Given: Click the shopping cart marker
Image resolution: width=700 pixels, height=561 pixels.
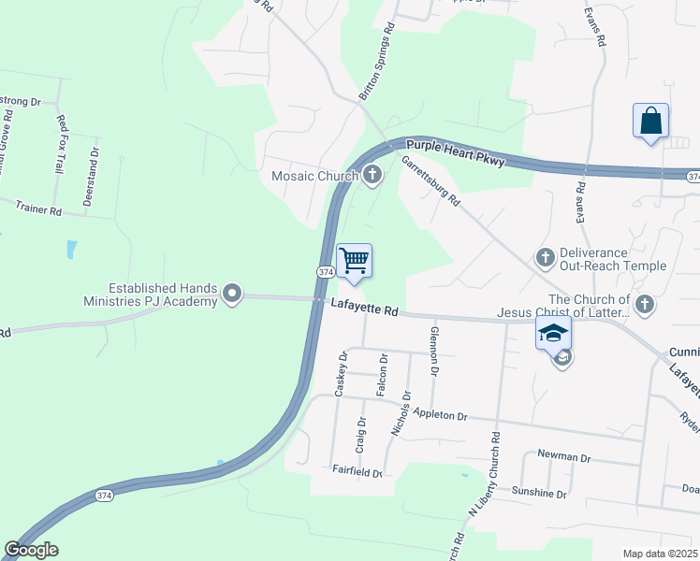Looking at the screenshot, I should [354, 260].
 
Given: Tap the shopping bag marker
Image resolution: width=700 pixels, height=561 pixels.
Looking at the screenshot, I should [650, 121].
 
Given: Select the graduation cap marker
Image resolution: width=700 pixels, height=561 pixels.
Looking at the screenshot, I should [553, 333].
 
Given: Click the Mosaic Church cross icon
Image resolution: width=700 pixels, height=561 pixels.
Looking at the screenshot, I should [372, 174].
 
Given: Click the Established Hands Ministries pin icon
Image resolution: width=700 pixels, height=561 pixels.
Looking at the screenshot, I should [233, 295].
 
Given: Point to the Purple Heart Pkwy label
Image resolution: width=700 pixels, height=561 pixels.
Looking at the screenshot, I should [456, 153].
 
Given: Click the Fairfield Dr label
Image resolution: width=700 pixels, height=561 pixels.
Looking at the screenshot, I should [357, 473].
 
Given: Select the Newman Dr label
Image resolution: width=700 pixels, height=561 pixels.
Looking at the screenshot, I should [564, 457].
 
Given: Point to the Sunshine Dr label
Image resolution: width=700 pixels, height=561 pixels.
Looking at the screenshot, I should [539, 492].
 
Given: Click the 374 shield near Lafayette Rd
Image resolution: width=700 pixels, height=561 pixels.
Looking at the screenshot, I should [321, 271].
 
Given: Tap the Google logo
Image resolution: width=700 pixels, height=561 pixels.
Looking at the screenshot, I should [31, 550].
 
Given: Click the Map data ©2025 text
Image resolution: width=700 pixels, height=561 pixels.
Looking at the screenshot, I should [660, 554].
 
